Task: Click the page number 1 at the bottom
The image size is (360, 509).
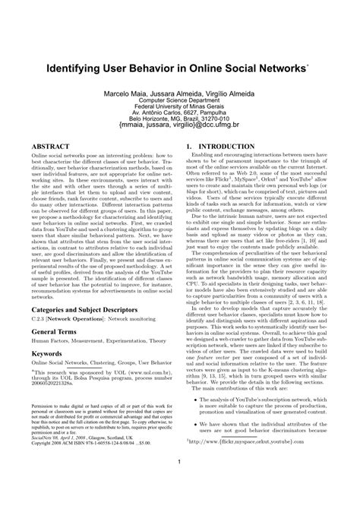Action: pos(180,483)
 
